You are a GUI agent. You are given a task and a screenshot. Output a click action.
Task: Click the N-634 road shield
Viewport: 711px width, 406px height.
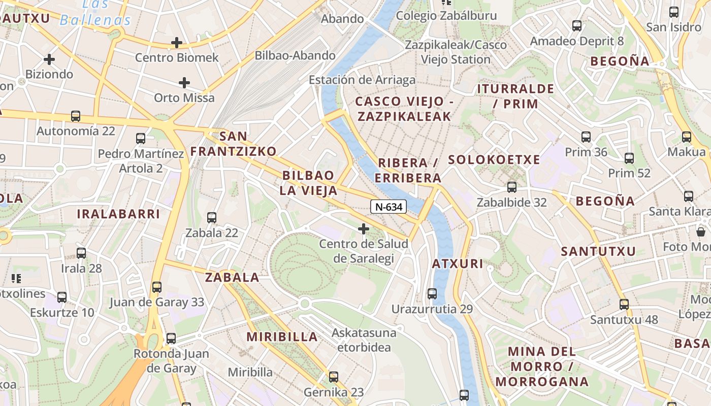click(389, 207)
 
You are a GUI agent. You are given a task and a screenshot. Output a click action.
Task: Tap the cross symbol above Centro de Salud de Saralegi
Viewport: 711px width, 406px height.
click(364, 229)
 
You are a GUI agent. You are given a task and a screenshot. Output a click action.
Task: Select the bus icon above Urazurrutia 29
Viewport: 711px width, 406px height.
click(432, 293)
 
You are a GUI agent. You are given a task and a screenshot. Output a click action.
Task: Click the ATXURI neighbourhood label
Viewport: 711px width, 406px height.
click(458, 264)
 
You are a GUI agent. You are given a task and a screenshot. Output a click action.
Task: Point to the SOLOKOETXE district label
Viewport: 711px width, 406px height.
click(494, 160)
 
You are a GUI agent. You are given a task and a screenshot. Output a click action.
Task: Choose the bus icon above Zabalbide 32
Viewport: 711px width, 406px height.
click(512, 187)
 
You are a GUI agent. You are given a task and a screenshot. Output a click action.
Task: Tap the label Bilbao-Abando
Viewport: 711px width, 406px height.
click(295, 55)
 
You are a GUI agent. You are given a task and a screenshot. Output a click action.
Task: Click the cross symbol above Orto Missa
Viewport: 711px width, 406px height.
click(184, 82)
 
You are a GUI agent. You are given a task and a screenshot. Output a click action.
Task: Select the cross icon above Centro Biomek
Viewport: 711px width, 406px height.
click(177, 43)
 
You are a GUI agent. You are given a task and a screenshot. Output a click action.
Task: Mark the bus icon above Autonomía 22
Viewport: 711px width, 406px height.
click(76, 116)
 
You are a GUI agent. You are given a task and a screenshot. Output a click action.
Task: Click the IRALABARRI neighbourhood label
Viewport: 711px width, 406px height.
click(118, 214)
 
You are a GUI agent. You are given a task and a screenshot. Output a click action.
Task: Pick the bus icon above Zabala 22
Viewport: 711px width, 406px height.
click(212, 218)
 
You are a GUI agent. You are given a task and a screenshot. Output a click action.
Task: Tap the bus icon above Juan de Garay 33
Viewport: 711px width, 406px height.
click(157, 287)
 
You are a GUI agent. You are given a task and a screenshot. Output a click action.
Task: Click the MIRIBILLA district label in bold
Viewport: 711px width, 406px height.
click(282, 336)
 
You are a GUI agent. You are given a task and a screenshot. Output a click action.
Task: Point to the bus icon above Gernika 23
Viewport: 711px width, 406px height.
click(334, 377)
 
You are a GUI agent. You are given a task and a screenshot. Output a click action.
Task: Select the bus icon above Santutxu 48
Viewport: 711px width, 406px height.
click(624, 304)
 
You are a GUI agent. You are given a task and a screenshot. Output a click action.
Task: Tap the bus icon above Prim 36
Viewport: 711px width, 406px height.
click(586, 137)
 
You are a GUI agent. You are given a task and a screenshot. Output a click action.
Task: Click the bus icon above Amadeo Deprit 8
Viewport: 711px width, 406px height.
click(577, 25)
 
